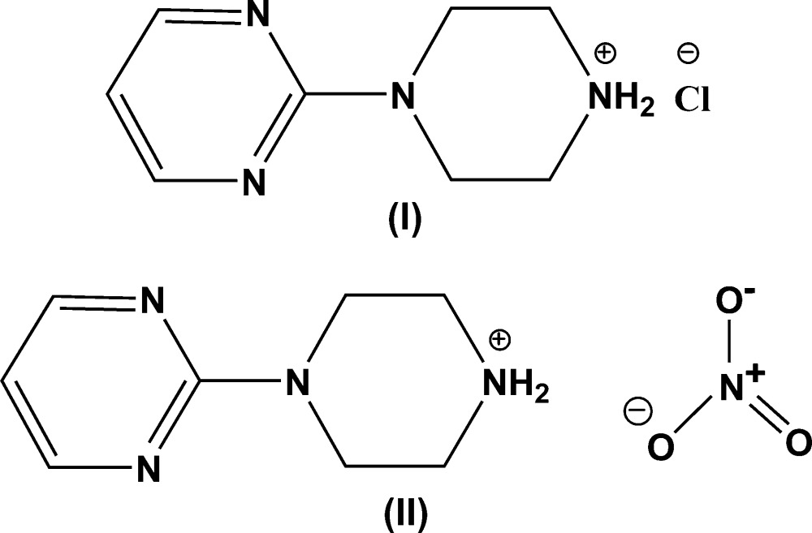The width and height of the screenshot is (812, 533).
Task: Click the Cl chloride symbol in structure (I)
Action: (691, 100)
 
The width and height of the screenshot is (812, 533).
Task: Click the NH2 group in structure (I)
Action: (621, 101)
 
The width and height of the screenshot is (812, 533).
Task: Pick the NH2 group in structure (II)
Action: (516, 391)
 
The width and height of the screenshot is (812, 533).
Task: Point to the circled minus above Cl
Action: (687, 54)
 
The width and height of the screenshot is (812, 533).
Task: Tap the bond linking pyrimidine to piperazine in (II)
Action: (240, 388)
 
